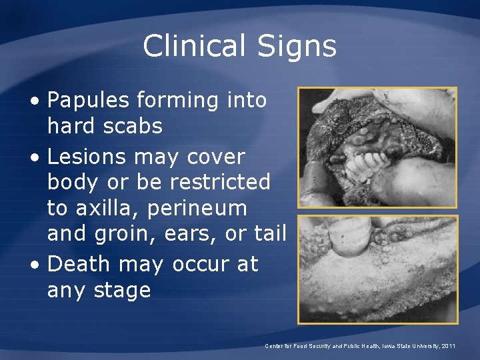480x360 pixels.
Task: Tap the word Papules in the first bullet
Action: click(89, 101)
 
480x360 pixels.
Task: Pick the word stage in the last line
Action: click(127, 291)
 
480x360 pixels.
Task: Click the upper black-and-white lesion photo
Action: click(377, 147)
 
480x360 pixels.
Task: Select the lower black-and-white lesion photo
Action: click(377, 269)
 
